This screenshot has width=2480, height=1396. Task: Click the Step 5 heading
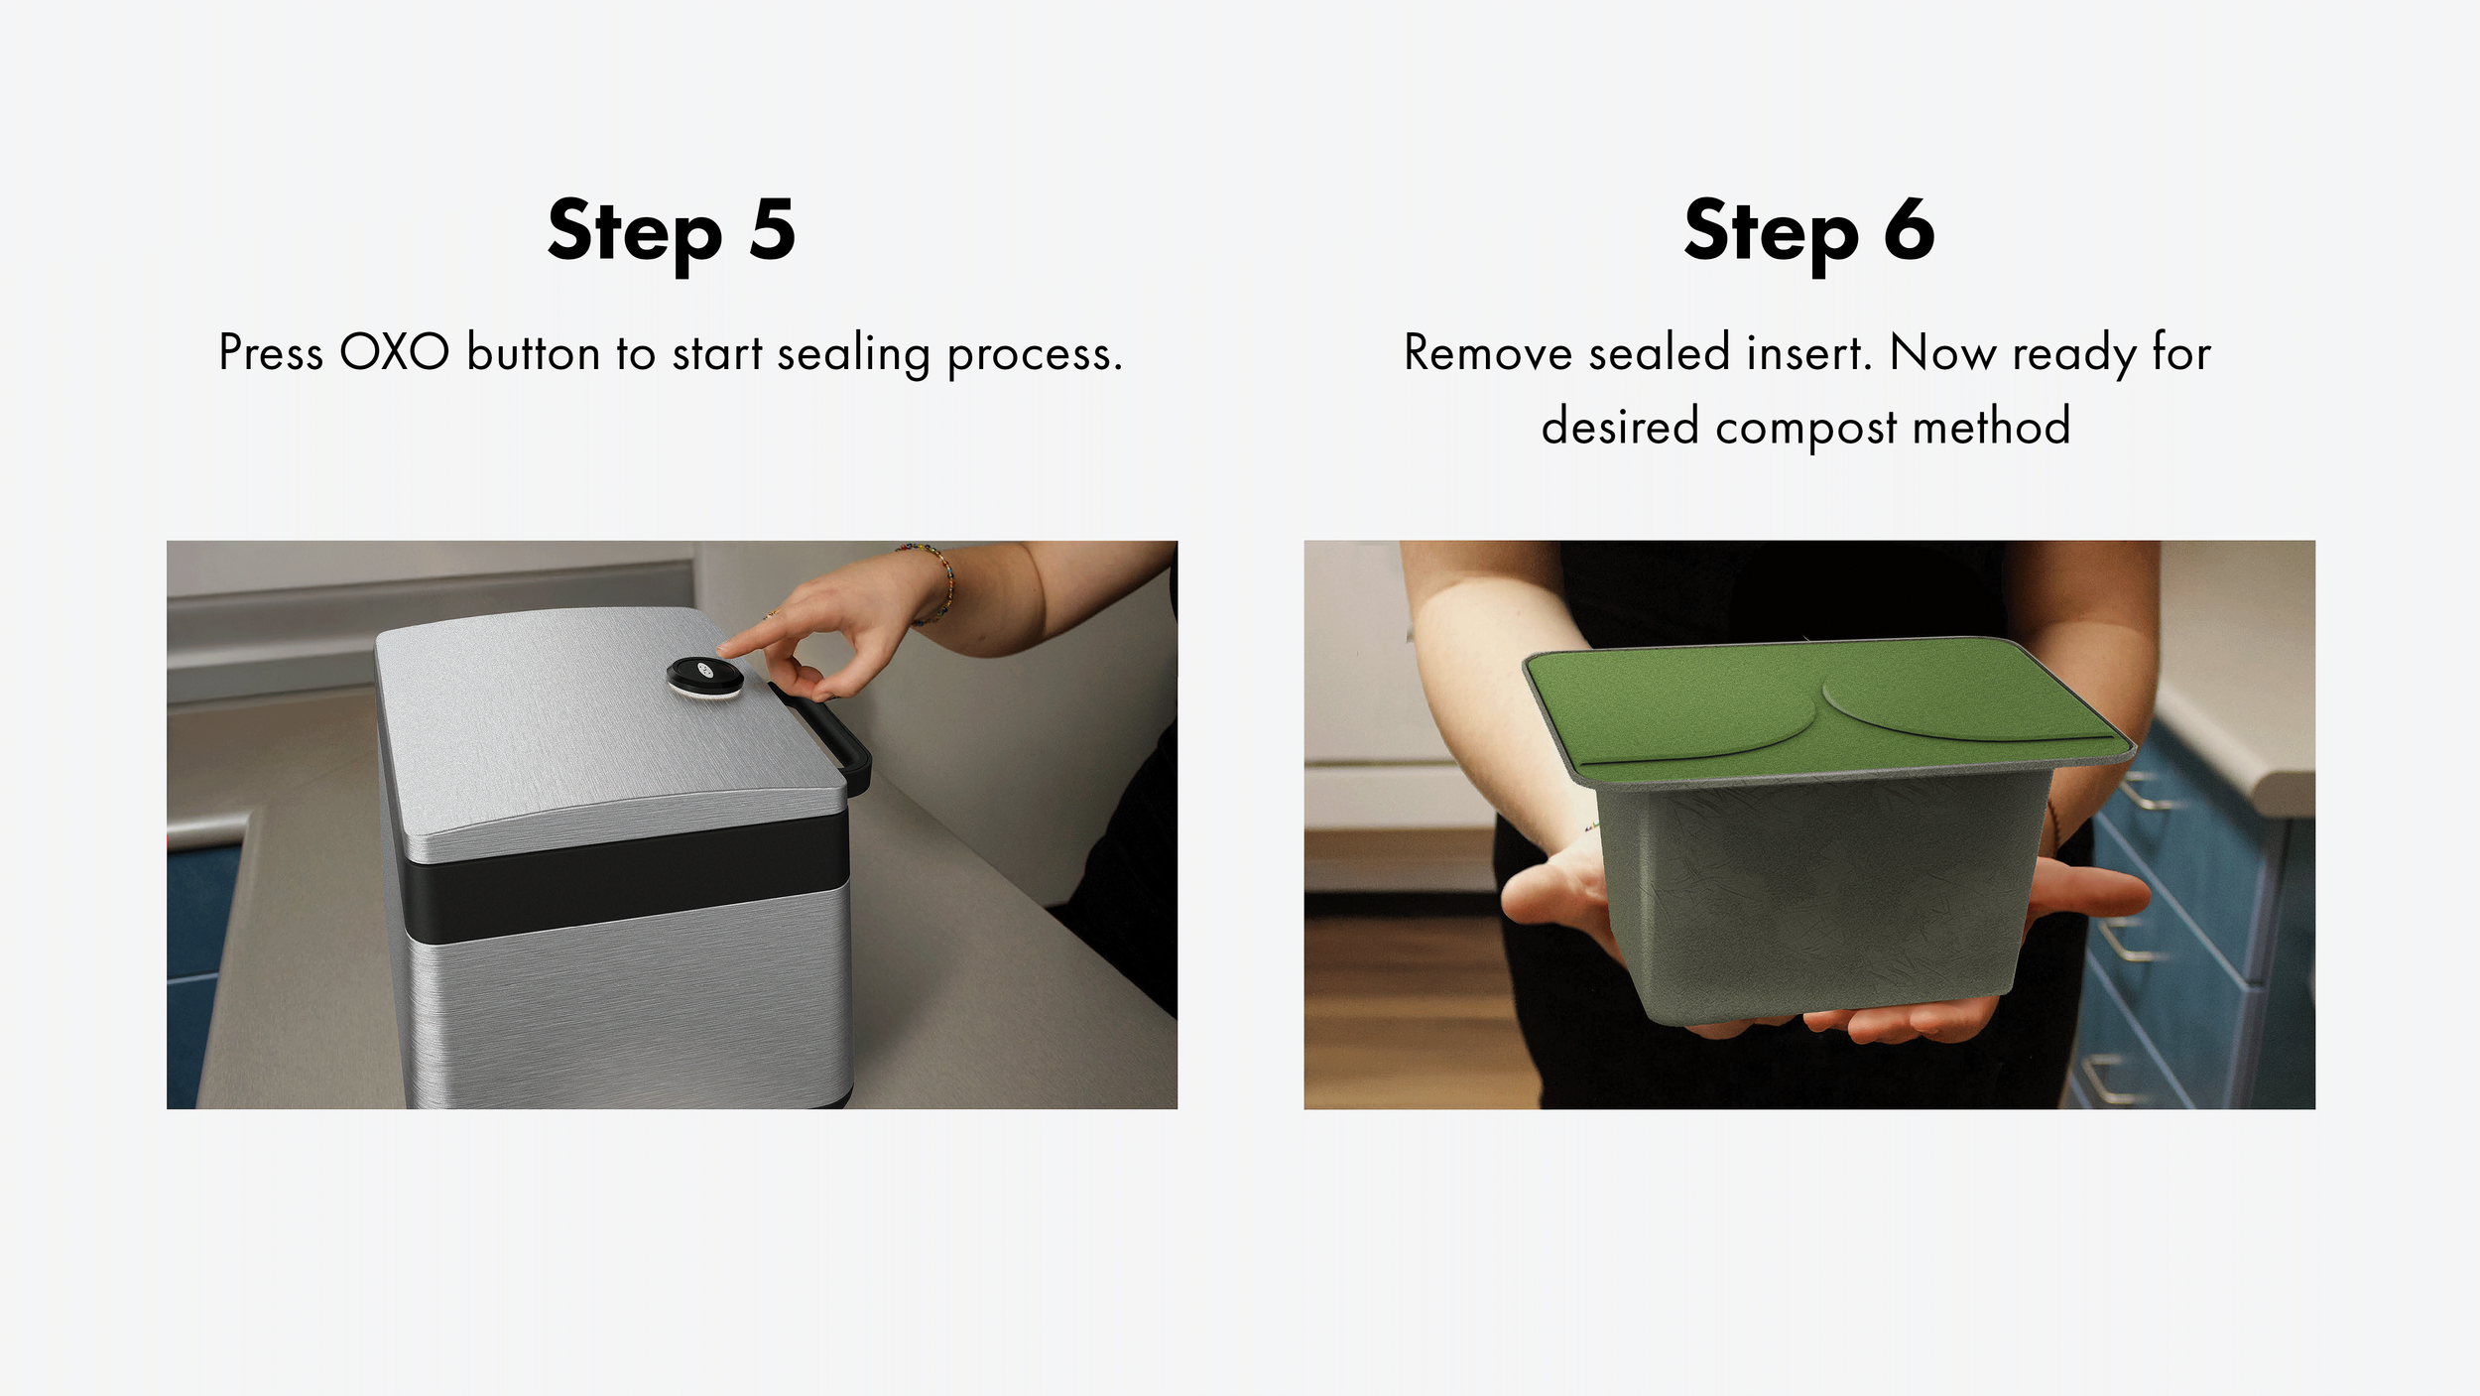click(x=672, y=231)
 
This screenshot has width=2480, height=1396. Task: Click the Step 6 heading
click(x=1809, y=231)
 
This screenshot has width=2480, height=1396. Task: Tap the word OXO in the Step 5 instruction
click(x=394, y=352)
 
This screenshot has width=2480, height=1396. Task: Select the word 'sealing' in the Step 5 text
click(x=853, y=354)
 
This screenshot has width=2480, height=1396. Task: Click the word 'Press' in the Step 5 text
click(x=270, y=352)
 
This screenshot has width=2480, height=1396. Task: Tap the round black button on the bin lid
click(x=704, y=677)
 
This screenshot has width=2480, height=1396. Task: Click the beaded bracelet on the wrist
click(x=934, y=580)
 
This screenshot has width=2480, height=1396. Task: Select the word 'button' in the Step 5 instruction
click(x=534, y=352)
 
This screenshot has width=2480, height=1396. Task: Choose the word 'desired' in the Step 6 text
click(x=1620, y=426)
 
